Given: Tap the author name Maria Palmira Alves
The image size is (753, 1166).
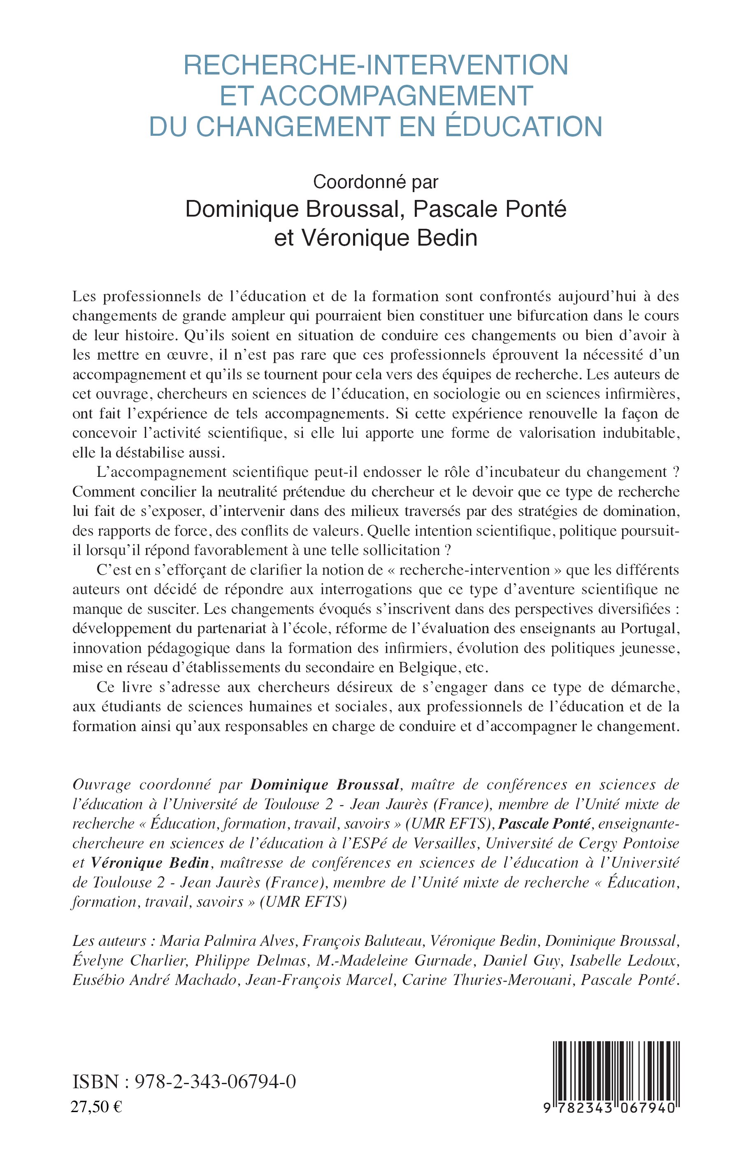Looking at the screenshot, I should point(228,941).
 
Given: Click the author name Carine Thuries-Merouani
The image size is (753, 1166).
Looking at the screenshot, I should point(486,980).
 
